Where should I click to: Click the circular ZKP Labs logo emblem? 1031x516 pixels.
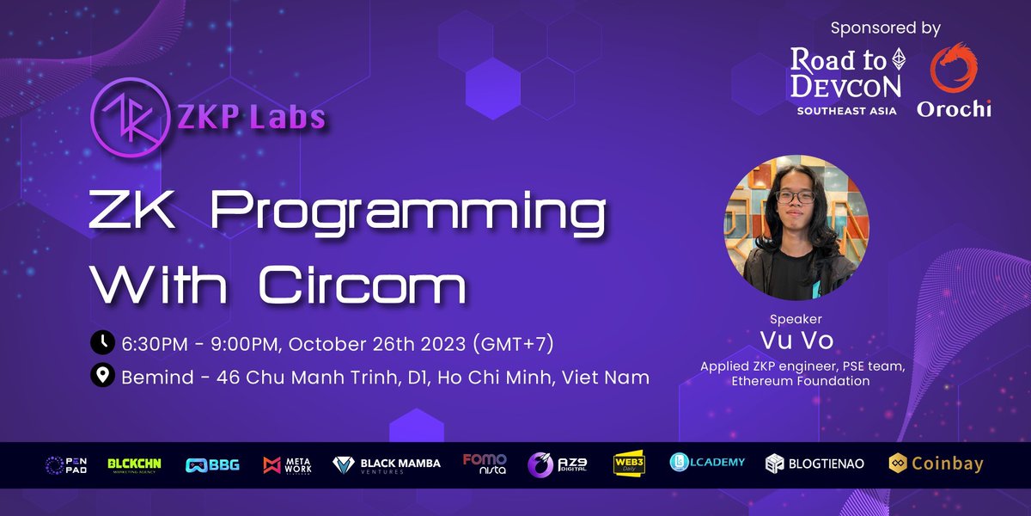128,115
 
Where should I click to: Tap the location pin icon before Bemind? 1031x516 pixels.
102,376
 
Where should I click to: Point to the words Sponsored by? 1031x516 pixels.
885,28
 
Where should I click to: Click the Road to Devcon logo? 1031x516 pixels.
846,82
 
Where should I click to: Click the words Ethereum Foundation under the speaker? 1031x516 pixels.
801,380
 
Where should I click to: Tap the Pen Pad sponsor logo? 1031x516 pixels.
67,464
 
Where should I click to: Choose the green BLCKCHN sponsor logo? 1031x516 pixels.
137,464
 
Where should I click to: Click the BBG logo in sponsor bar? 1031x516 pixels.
212,464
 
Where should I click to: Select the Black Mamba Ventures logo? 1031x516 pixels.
387,464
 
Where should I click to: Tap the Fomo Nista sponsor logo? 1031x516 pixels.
485,464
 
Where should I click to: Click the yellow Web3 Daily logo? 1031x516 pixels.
629,464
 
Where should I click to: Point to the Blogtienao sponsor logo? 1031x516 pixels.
814,464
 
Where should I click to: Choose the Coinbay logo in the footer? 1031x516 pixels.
936,464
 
